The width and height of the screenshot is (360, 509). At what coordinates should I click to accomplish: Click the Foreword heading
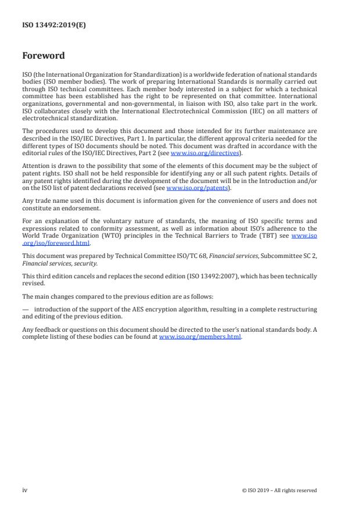point(43,56)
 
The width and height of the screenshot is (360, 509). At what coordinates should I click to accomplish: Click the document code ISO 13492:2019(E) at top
point(54,25)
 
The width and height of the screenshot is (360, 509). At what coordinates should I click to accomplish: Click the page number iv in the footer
point(25,490)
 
